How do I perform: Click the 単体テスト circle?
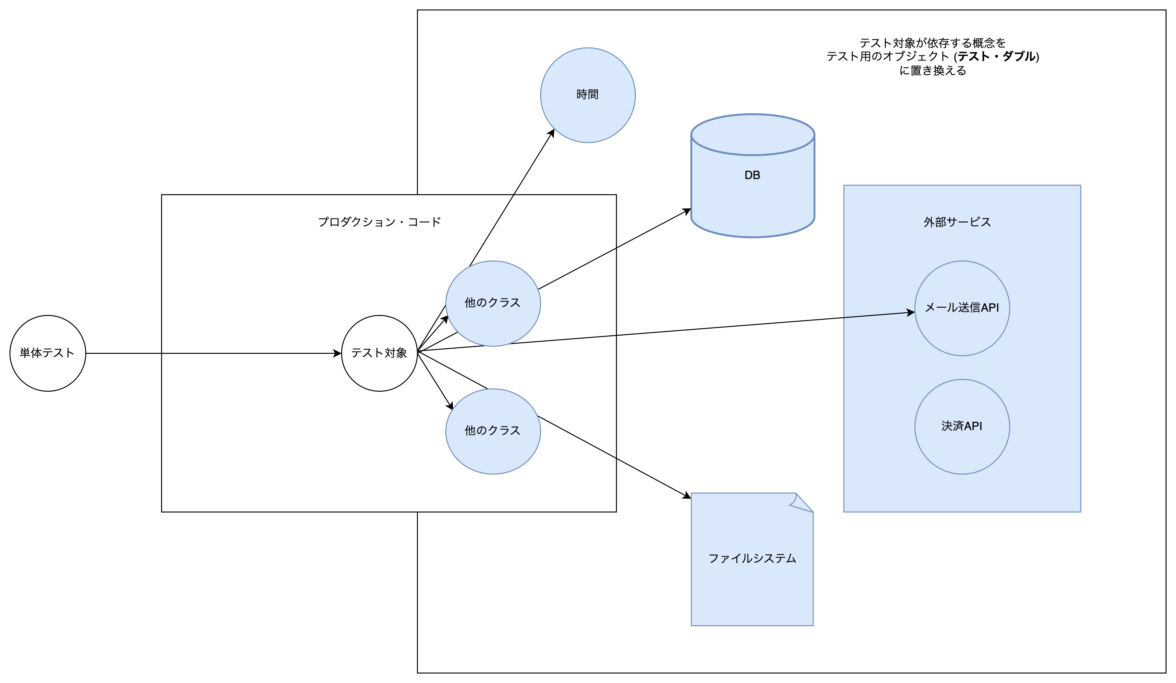pos(48,353)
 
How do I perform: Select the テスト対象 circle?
pos(379,353)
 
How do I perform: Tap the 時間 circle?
pos(588,95)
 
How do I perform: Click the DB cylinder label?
pos(752,175)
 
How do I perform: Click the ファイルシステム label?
pos(752,558)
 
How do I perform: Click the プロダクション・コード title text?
pos(379,222)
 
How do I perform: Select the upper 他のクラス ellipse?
pos(493,303)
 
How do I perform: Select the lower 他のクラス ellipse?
pos(493,431)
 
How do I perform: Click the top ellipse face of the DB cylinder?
pos(752,135)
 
